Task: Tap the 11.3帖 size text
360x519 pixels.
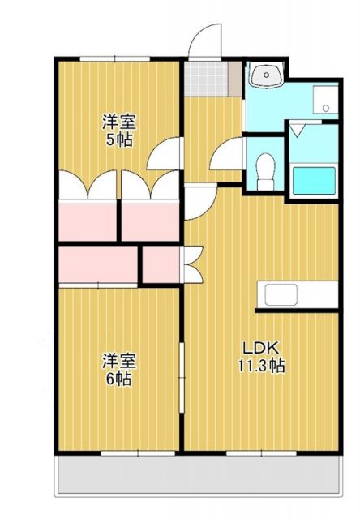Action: point(261,365)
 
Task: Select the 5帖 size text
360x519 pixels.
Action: point(118,139)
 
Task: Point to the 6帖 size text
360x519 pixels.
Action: point(118,377)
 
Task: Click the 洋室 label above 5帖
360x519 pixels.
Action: point(118,122)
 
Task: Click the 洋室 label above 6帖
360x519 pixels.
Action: point(118,360)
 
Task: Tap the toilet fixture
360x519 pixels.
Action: point(264,170)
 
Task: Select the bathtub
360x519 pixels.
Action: point(314,180)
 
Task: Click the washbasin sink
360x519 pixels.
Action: point(264,77)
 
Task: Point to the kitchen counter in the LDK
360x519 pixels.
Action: point(297,295)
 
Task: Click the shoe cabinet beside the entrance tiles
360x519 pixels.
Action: point(235,77)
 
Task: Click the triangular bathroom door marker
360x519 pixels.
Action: point(297,129)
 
